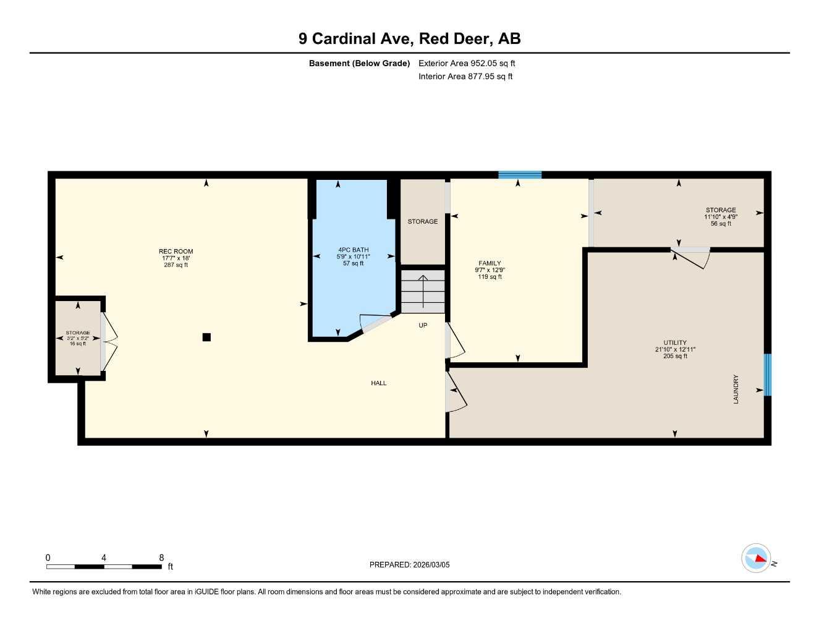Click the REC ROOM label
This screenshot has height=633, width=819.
click(x=176, y=252)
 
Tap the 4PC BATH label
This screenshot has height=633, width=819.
click(x=353, y=250)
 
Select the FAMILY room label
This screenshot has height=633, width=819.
click(x=490, y=263)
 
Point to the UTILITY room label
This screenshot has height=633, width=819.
click(x=675, y=342)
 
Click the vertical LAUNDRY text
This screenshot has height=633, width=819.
click(x=736, y=389)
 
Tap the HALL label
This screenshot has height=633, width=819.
click(x=378, y=383)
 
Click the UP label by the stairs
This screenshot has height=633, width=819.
click(x=423, y=325)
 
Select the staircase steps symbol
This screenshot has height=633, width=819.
click(x=423, y=291)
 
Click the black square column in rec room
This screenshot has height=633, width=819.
click(x=206, y=337)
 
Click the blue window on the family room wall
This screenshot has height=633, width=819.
click(x=520, y=175)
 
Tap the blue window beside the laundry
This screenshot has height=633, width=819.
click(x=767, y=375)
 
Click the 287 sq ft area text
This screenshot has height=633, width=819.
click(x=176, y=265)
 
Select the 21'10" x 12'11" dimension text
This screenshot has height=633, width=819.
click(x=675, y=349)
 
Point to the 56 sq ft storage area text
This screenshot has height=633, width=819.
click(x=721, y=224)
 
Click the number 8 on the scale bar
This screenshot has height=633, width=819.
click(x=161, y=558)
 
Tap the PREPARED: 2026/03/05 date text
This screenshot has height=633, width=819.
click(x=409, y=564)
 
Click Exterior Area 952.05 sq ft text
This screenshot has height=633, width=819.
click(x=467, y=63)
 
